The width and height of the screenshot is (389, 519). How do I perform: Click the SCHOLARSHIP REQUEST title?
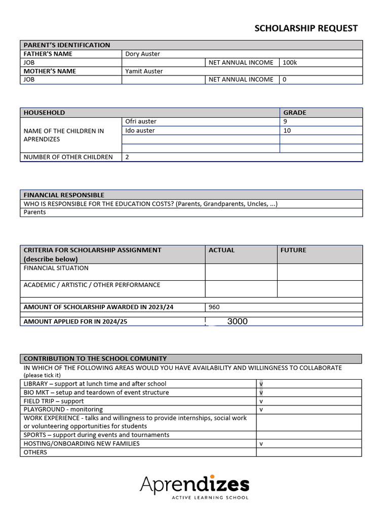coord(306,28)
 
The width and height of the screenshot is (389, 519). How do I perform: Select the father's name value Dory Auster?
coord(142,54)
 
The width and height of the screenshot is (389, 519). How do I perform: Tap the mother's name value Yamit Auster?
coord(144,71)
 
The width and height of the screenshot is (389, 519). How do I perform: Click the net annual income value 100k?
coord(290,62)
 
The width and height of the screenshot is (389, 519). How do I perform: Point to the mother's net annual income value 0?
coord(285,80)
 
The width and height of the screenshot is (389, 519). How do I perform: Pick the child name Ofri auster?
coord(141,122)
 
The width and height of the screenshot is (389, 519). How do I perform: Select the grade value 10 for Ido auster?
coord(287,131)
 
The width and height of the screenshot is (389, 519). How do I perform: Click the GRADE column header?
coord(294,113)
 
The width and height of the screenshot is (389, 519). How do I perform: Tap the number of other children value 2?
coord(127,157)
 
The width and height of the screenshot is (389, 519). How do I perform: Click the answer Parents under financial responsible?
coord(34,212)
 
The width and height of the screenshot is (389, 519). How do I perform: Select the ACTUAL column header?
coord(221,250)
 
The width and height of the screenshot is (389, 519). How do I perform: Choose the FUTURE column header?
coord(293,250)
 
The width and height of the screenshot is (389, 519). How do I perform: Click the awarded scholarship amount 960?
coord(214,307)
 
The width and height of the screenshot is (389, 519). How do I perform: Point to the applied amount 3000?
coord(237,321)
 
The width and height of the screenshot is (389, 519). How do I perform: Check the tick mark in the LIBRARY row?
coord(261,384)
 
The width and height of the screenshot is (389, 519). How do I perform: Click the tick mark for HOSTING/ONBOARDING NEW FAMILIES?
coord(261,443)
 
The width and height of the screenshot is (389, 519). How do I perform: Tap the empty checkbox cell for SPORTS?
coord(308,435)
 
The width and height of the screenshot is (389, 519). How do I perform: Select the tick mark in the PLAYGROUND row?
coord(261,410)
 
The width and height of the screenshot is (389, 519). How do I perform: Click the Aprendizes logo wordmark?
coord(194,485)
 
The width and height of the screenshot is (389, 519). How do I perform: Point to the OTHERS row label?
coord(35,452)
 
